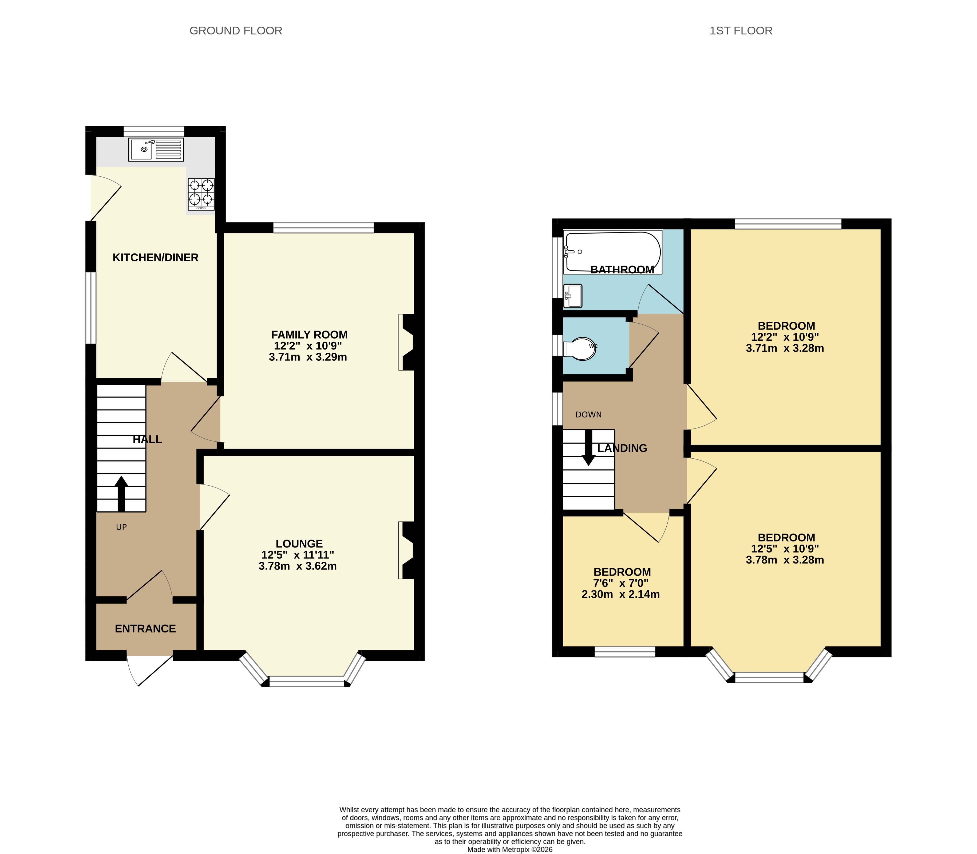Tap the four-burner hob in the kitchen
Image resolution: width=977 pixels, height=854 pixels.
(201, 194)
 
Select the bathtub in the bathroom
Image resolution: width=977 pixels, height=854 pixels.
(612, 252)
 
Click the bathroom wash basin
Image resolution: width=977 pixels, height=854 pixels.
(573, 296)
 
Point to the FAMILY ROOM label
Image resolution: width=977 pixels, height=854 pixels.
(309, 334)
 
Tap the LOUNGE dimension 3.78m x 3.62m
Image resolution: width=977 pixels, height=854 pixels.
(298, 566)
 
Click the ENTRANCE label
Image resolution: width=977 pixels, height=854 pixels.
(145, 629)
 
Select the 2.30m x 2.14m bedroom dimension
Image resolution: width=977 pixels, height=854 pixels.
(621, 594)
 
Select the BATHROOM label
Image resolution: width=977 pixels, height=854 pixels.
(622, 270)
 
